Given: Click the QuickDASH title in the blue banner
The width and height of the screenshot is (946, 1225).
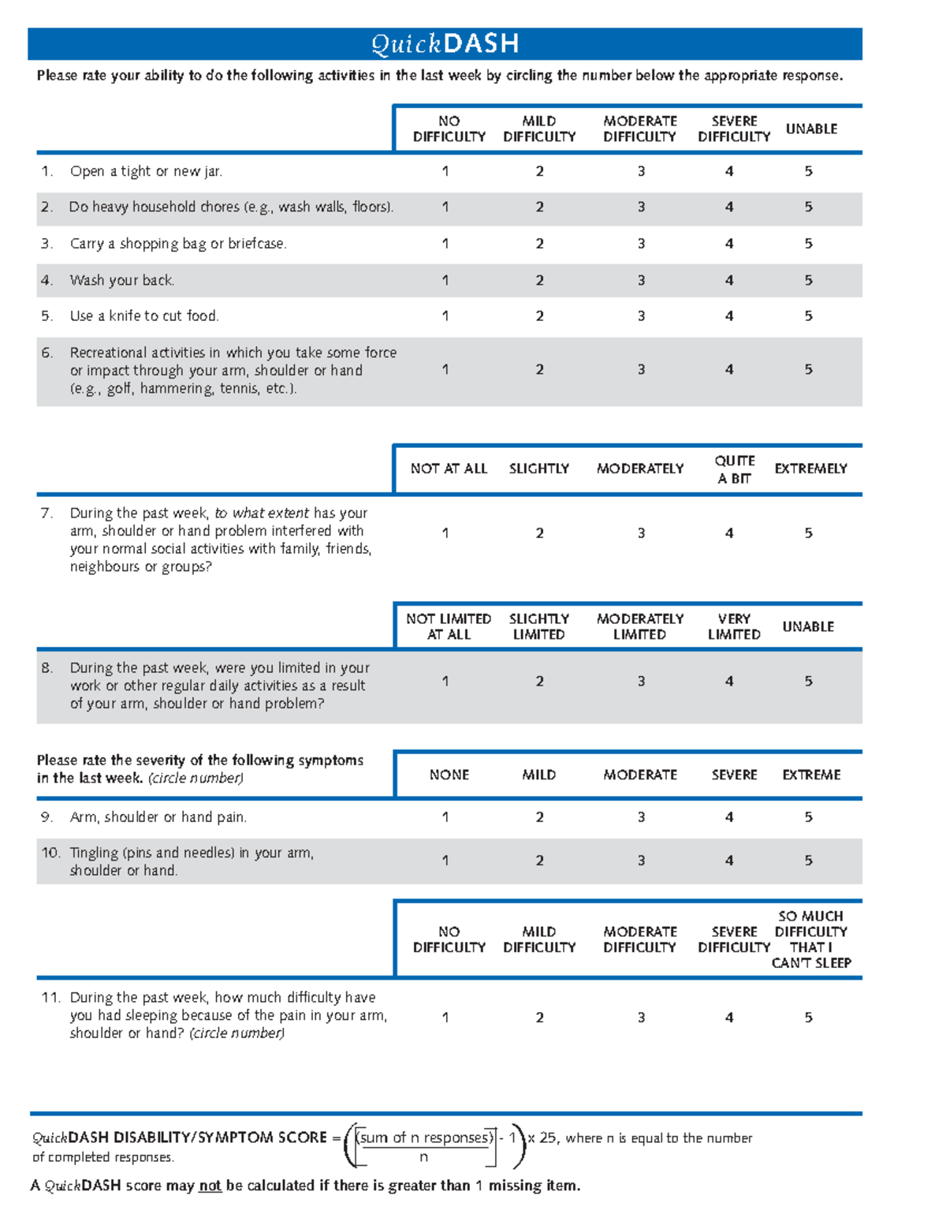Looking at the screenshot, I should coord(445,43).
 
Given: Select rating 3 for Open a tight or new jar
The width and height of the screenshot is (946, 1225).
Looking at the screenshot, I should coord(641,171).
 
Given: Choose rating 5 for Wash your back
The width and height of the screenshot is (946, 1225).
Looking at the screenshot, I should coord(808,280).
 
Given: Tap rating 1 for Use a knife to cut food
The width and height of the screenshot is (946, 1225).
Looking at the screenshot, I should coord(445,316).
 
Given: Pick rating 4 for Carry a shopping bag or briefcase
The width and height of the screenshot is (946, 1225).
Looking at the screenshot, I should coord(729,244).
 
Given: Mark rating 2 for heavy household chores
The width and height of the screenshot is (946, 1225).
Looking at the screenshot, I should coord(539,207).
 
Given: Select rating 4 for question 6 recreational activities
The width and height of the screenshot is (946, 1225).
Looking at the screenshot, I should coord(729,369).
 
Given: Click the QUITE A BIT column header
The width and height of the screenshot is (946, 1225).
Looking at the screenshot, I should coord(734,469).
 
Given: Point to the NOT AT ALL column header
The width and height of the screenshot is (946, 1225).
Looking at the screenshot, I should coord(449,469).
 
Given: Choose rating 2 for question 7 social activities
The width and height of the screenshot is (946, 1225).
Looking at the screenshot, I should coord(539,533).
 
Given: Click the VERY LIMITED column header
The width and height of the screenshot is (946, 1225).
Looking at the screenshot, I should coord(734,626).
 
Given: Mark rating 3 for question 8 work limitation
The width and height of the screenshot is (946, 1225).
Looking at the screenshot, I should coord(641,681).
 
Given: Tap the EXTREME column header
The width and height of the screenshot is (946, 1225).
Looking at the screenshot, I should coord(811,775).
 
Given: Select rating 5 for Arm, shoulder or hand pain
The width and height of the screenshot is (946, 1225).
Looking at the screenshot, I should coord(808,817).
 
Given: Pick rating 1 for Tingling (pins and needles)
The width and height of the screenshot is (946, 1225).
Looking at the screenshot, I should coord(445,861).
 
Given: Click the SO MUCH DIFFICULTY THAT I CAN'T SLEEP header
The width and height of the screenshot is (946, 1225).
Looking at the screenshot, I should coord(811,939).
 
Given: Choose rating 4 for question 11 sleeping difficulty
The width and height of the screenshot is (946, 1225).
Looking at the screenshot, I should coord(729,1018).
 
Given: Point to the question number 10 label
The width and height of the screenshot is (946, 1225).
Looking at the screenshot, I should coord(50,853).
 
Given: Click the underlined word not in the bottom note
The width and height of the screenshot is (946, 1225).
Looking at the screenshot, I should coord(210,1186).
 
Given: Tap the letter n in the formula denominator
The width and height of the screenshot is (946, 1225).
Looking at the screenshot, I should coord(423,1157).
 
